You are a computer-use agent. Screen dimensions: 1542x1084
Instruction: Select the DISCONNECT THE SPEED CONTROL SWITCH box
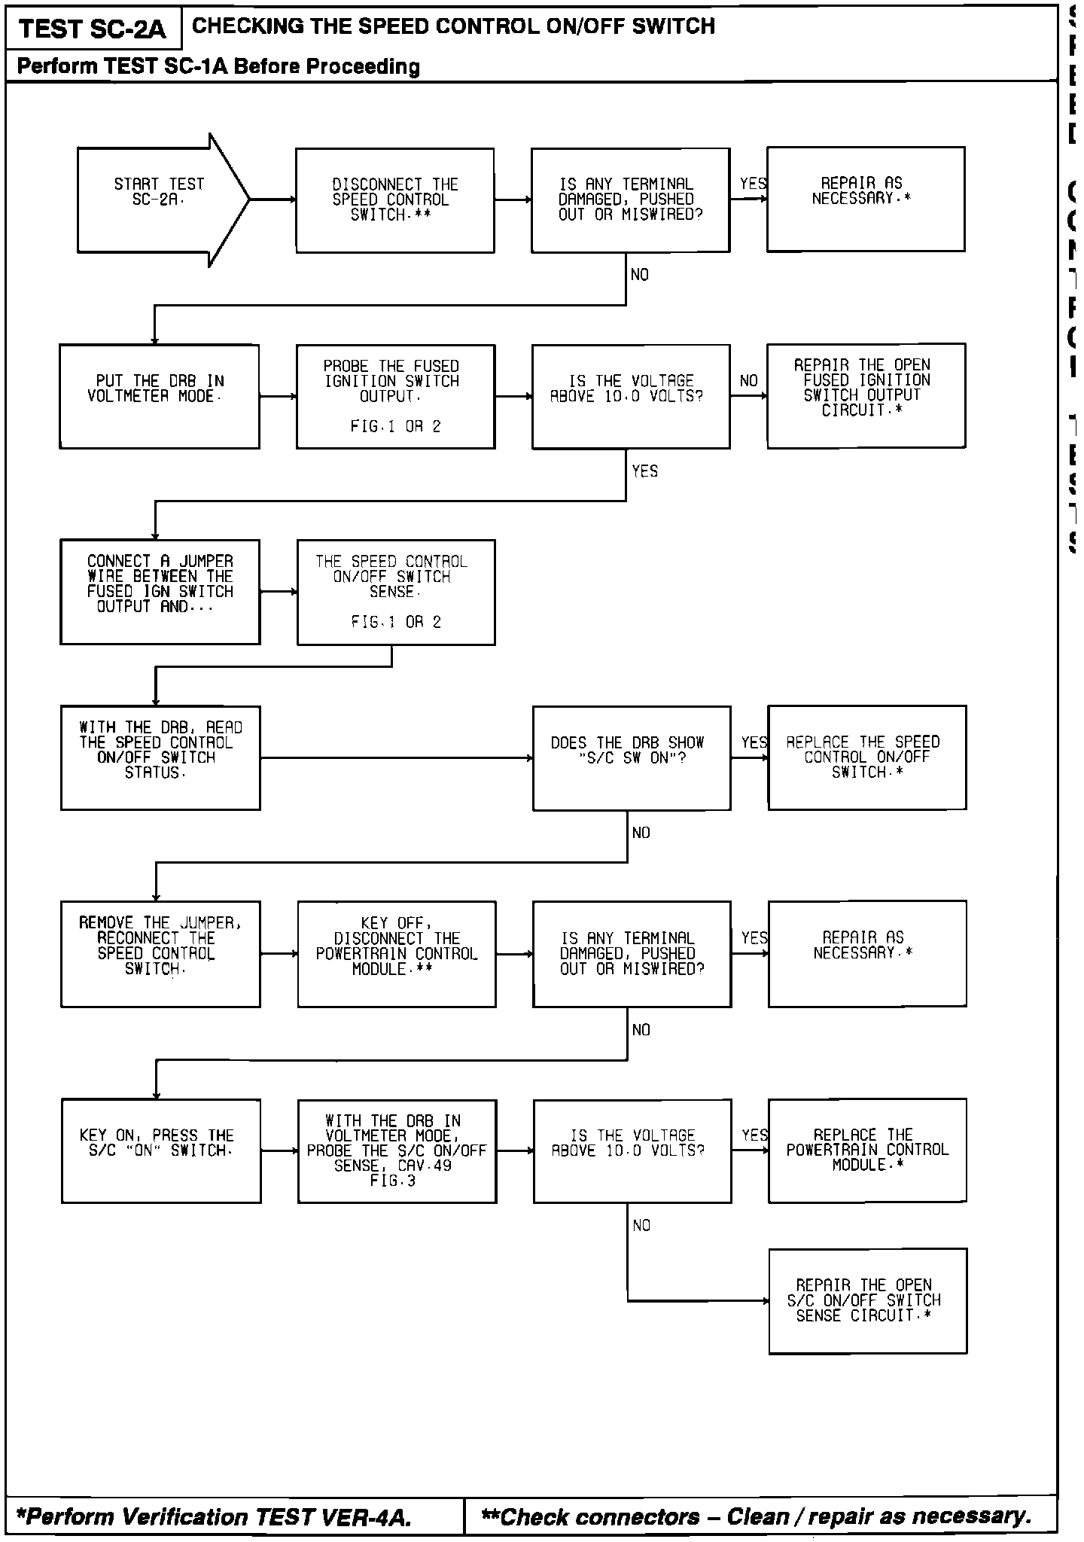(x=394, y=200)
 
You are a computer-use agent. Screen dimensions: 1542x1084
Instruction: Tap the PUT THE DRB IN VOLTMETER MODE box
(x=160, y=396)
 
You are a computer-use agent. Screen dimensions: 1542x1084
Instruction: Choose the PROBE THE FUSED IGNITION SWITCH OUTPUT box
(x=395, y=396)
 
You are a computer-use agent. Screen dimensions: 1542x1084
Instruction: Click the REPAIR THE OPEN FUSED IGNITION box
(x=866, y=395)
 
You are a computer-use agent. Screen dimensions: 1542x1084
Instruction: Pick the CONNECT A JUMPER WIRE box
(x=160, y=592)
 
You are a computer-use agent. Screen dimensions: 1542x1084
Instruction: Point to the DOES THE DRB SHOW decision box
(x=631, y=757)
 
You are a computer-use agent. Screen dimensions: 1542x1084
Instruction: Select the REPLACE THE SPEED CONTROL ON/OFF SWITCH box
(x=866, y=757)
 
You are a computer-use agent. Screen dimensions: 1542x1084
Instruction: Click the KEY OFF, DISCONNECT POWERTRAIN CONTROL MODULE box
(x=397, y=954)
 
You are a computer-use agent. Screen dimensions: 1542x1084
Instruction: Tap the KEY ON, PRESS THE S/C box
(x=161, y=1150)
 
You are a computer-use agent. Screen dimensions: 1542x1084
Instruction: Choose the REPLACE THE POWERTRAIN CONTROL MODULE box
(x=867, y=1150)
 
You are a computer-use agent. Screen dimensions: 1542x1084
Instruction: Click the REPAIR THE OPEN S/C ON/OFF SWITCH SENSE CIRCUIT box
(x=867, y=1300)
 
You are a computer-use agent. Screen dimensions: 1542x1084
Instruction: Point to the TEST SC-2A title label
(x=92, y=29)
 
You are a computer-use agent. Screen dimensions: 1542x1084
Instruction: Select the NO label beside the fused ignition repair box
(x=748, y=381)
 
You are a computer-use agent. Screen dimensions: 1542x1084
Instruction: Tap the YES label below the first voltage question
(x=645, y=471)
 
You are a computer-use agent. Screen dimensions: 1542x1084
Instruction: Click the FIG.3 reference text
(x=393, y=1181)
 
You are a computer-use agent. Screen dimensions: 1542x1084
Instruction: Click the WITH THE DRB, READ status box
(x=160, y=757)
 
